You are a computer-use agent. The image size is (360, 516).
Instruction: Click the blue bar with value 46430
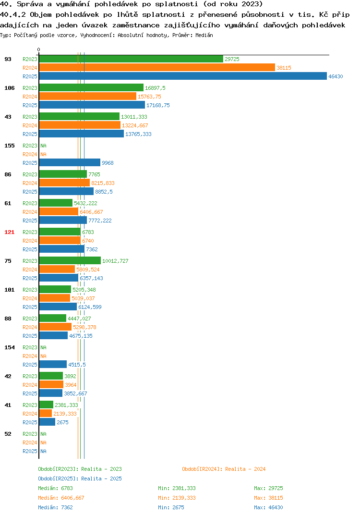point(183,76)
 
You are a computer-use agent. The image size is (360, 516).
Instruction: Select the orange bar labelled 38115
point(157,67)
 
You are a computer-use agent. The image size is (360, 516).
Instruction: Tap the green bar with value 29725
point(131,59)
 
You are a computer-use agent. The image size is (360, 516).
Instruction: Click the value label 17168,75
point(158,105)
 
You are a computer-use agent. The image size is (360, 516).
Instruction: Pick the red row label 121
point(10,232)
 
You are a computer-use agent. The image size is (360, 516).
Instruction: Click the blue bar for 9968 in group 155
point(70,162)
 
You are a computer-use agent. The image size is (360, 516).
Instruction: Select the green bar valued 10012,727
point(70,260)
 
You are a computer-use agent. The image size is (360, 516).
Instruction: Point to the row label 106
point(10,88)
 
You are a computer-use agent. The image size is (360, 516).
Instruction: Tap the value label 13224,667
point(135,125)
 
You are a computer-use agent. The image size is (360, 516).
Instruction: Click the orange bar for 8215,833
point(64,183)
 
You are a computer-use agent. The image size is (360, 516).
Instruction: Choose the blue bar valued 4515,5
point(53,364)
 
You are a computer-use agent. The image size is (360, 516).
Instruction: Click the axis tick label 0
point(38,49)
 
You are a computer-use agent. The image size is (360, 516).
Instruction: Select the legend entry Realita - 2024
point(224,469)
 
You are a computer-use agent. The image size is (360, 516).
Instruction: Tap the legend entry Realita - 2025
point(80,479)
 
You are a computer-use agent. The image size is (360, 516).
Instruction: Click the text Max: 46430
point(268,507)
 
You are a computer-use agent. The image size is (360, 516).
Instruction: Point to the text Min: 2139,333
point(177,498)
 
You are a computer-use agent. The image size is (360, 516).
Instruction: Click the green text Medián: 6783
point(55,488)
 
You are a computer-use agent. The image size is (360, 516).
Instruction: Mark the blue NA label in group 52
point(43,451)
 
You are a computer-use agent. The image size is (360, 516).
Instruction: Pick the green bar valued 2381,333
point(47,405)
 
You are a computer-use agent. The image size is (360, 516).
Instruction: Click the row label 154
point(10,347)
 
